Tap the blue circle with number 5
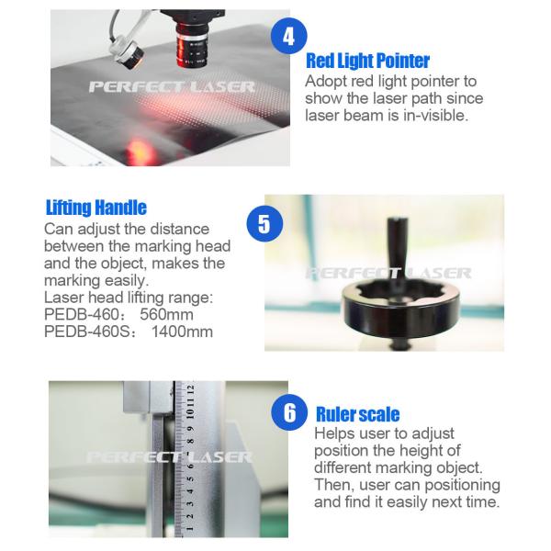pyautogui.click(x=264, y=223)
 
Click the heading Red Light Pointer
pyautogui.click(x=367, y=62)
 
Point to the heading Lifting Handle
pyautogui.click(x=96, y=208)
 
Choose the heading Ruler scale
pyautogui.click(x=357, y=414)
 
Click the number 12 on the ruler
pyautogui.click(x=190, y=391)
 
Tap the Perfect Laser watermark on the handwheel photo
pyautogui.click(x=387, y=273)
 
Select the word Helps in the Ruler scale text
pyautogui.click(x=337, y=433)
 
